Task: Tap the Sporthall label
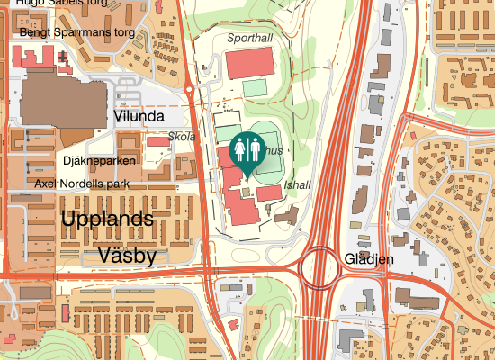pos(249,38)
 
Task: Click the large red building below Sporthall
pos(249,63)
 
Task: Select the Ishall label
pos(297,184)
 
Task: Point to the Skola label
pos(183,137)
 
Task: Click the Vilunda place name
pos(139,116)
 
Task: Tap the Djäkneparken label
pos(100,161)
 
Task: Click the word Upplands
pos(107,219)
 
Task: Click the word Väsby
pos(127,255)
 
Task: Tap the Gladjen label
pos(369,258)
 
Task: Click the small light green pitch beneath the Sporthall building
pos(256,87)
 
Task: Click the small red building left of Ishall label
pos(268,193)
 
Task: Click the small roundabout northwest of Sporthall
pos(189,90)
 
